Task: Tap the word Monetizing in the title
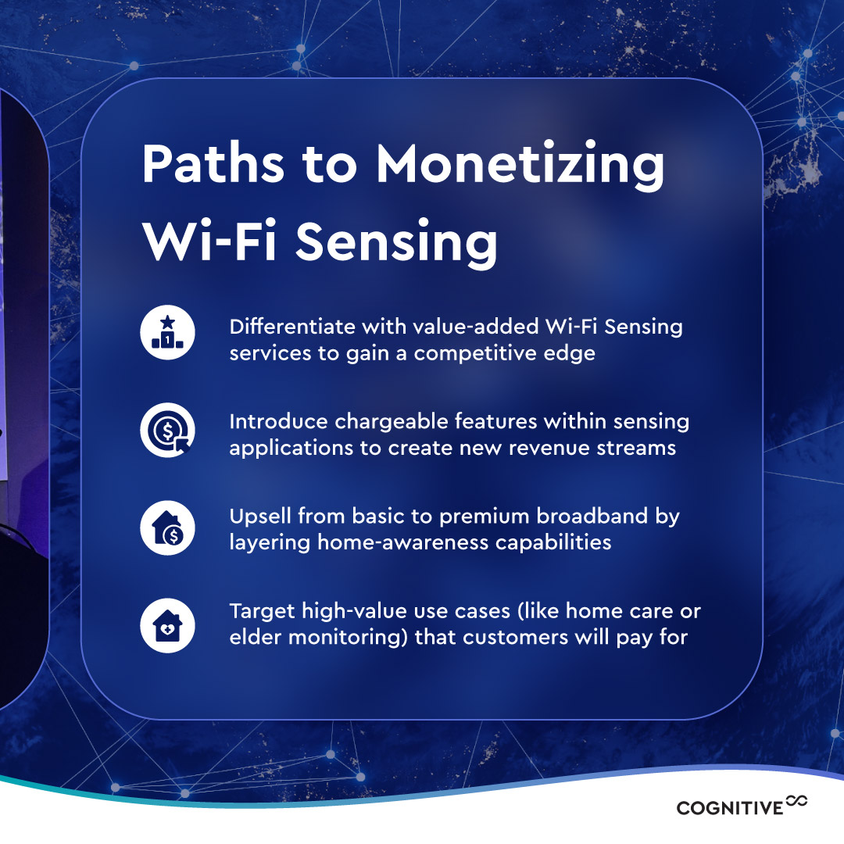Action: point(520,166)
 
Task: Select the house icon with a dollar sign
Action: point(167,528)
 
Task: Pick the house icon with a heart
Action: point(167,625)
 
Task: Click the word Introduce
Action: point(278,422)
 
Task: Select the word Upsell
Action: point(259,517)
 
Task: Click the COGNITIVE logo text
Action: point(729,807)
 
